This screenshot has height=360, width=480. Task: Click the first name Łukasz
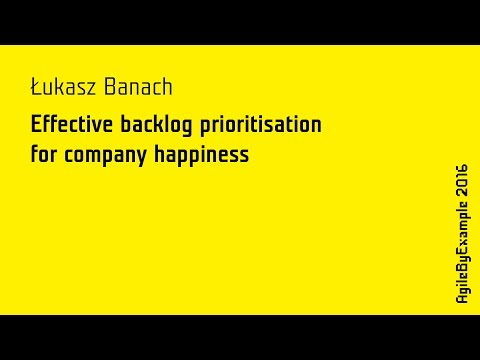pos(62,88)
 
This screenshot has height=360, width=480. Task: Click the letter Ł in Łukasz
pos(36,88)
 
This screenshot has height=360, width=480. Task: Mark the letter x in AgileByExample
pos(462,246)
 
